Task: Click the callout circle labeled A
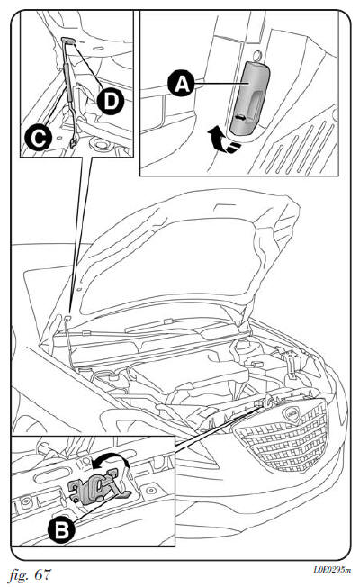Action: pyautogui.click(x=181, y=84)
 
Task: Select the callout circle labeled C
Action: pyautogui.click(x=38, y=138)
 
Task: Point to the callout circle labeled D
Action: pyautogui.click(x=110, y=102)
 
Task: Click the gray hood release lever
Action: pyautogui.click(x=249, y=98)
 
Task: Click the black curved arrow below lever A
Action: pyautogui.click(x=224, y=140)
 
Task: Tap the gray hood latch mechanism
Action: pyautogui.click(x=98, y=487)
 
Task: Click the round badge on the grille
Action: pyautogui.click(x=292, y=413)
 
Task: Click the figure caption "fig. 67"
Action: pyautogui.click(x=30, y=574)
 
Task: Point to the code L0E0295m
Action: pyautogui.click(x=332, y=571)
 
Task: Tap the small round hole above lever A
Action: pyautogui.click(x=257, y=56)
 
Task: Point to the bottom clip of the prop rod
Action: pyautogui.click(x=73, y=142)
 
